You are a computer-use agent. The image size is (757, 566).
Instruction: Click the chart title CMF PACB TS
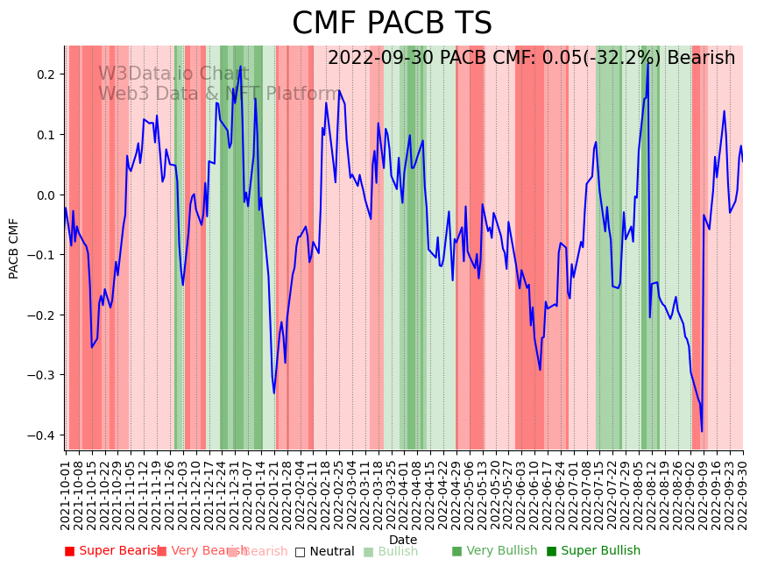tap(392, 24)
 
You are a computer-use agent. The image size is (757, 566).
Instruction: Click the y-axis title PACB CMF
tap(14, 248)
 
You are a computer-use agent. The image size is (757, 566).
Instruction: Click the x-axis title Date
tap(403, 540)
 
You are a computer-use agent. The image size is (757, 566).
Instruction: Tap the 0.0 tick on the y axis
tap(45, 195)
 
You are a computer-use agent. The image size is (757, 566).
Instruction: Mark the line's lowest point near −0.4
tap(702, 431)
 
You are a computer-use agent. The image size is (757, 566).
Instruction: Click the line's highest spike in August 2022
tap(648, 61)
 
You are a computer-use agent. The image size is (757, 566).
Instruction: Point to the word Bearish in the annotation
tap(701, 59)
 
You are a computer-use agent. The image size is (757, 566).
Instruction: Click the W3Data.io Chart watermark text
tap(173, 74)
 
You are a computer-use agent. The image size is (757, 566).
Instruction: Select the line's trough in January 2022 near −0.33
tap(273, 393)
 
